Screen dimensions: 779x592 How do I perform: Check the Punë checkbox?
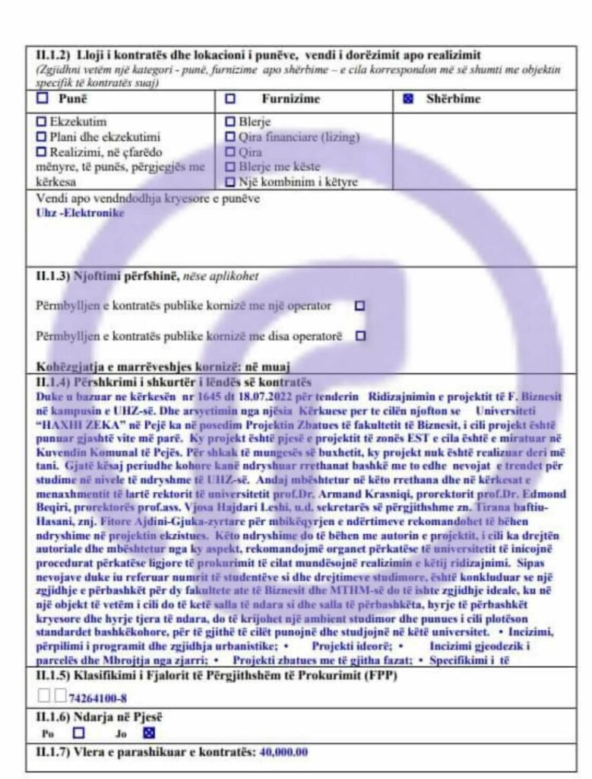pyautogui.click(x=43, y=98)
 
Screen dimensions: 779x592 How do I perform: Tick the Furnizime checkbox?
pyautogui.click(x=230, y=98)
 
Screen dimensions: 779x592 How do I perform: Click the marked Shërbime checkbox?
pyautogui.click(x=408, y=99)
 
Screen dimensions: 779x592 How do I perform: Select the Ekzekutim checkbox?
pyautogui.click(x=42, y=122)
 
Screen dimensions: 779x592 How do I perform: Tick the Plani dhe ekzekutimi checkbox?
pyautogui.click(x=42, y=137)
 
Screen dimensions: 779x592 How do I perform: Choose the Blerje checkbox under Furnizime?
pyautogui.click(x=230, y=122)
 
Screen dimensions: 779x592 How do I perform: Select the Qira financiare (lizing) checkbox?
pyautogui.click(x=230, y=137)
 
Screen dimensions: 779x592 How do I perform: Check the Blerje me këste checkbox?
pyautogui.click(x=230, y=167)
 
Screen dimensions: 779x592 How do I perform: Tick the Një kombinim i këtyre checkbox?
pyautogui.click(x=230, y=182)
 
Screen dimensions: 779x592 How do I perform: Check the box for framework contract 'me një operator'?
pyautogui.click(x=359, y=305)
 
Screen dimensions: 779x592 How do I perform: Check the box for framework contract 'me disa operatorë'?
pyautogui.click(x=359, y=335)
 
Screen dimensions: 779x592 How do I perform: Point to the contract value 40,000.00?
pyautogui.click(x=284, y=752)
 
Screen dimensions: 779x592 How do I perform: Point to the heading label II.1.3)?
pyautogui.click(x=52, y=276)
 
